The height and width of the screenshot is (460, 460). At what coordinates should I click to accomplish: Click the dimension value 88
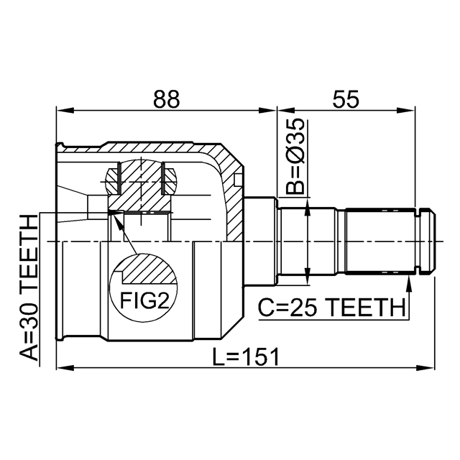tap(166, 99)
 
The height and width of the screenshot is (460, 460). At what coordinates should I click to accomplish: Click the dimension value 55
tap(346, 99)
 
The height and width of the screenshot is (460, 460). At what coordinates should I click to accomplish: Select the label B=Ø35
tap(295, 157)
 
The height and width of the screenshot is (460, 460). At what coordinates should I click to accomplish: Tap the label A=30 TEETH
tap(29, 287)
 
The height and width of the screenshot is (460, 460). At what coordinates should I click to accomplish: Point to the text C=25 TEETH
tap(332, 308)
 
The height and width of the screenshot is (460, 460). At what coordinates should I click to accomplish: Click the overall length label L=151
tap(246, 357)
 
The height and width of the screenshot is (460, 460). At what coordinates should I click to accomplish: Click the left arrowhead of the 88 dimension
tap(65, 111)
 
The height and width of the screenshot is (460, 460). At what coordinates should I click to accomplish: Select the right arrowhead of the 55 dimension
tap(407, 111)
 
